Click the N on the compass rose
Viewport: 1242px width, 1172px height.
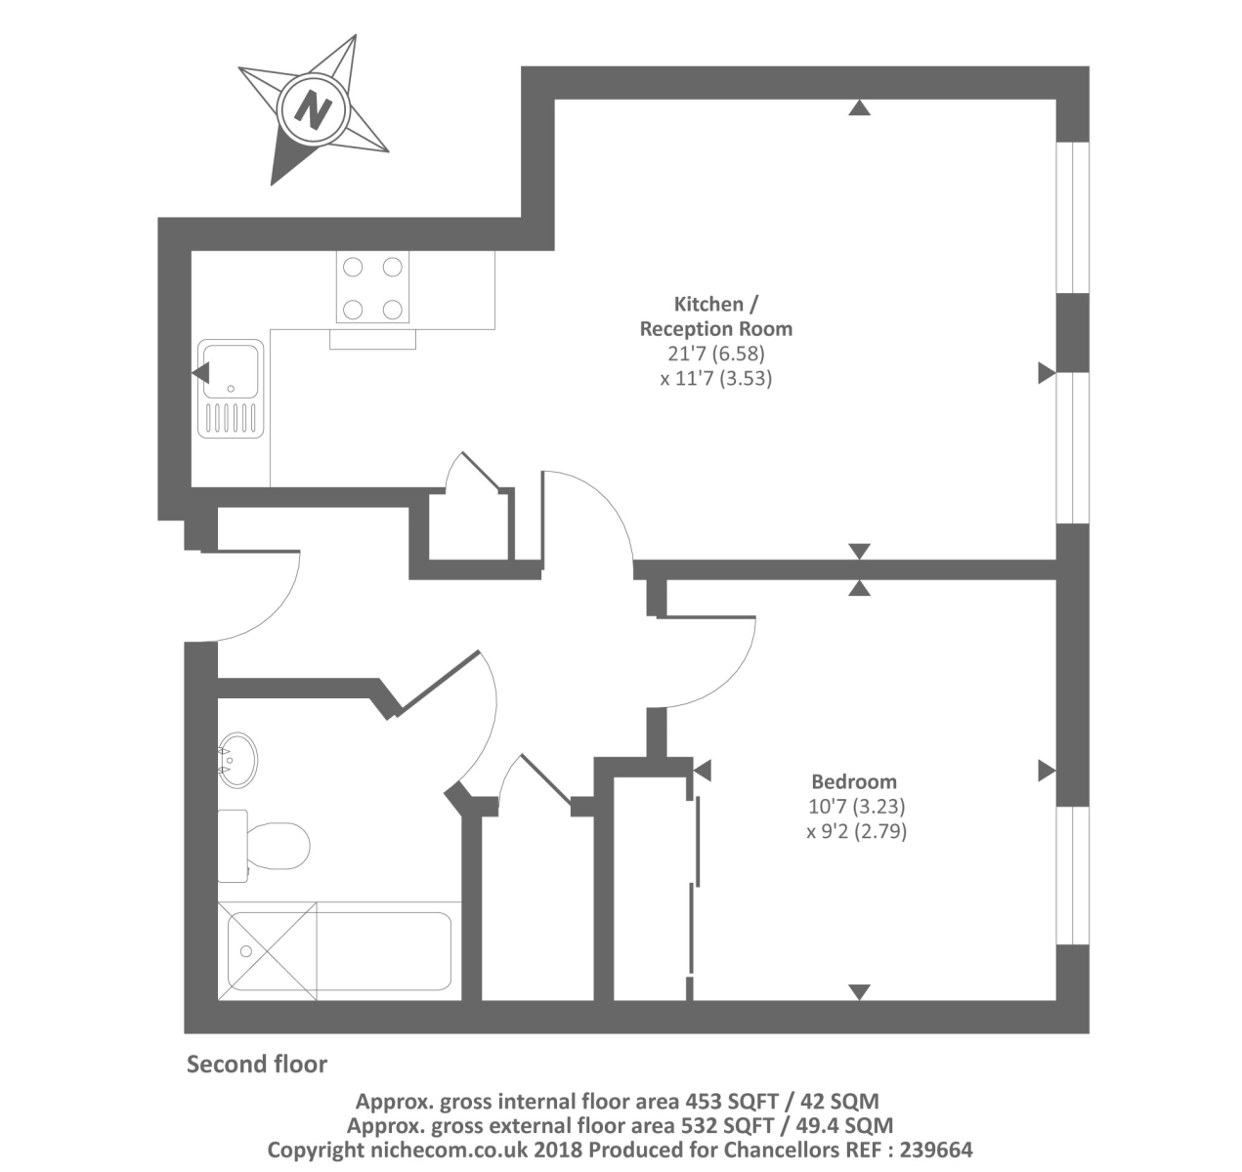click(x=314, y=108)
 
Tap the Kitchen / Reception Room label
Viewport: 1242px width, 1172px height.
click(x=715, y=316)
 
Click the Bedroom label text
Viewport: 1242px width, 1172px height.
click(x=854, y=781)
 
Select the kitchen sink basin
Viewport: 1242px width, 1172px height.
click(x=231, y=369)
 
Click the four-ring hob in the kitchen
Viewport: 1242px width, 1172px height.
click(x=372, y=287)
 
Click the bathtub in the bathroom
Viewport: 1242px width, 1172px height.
click(x=338, y=950)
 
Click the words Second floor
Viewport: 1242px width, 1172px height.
click(x=257, y=1064)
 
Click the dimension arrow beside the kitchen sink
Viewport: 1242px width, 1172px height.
click(x=200, y=372)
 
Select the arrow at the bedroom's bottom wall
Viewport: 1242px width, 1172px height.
click(x=859, y=992)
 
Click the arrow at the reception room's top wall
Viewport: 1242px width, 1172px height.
click(x=859, y=108)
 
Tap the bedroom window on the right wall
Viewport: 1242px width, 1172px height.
click(x=1073, y=875)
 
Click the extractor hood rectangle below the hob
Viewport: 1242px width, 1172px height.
click(x=372, y=339)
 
